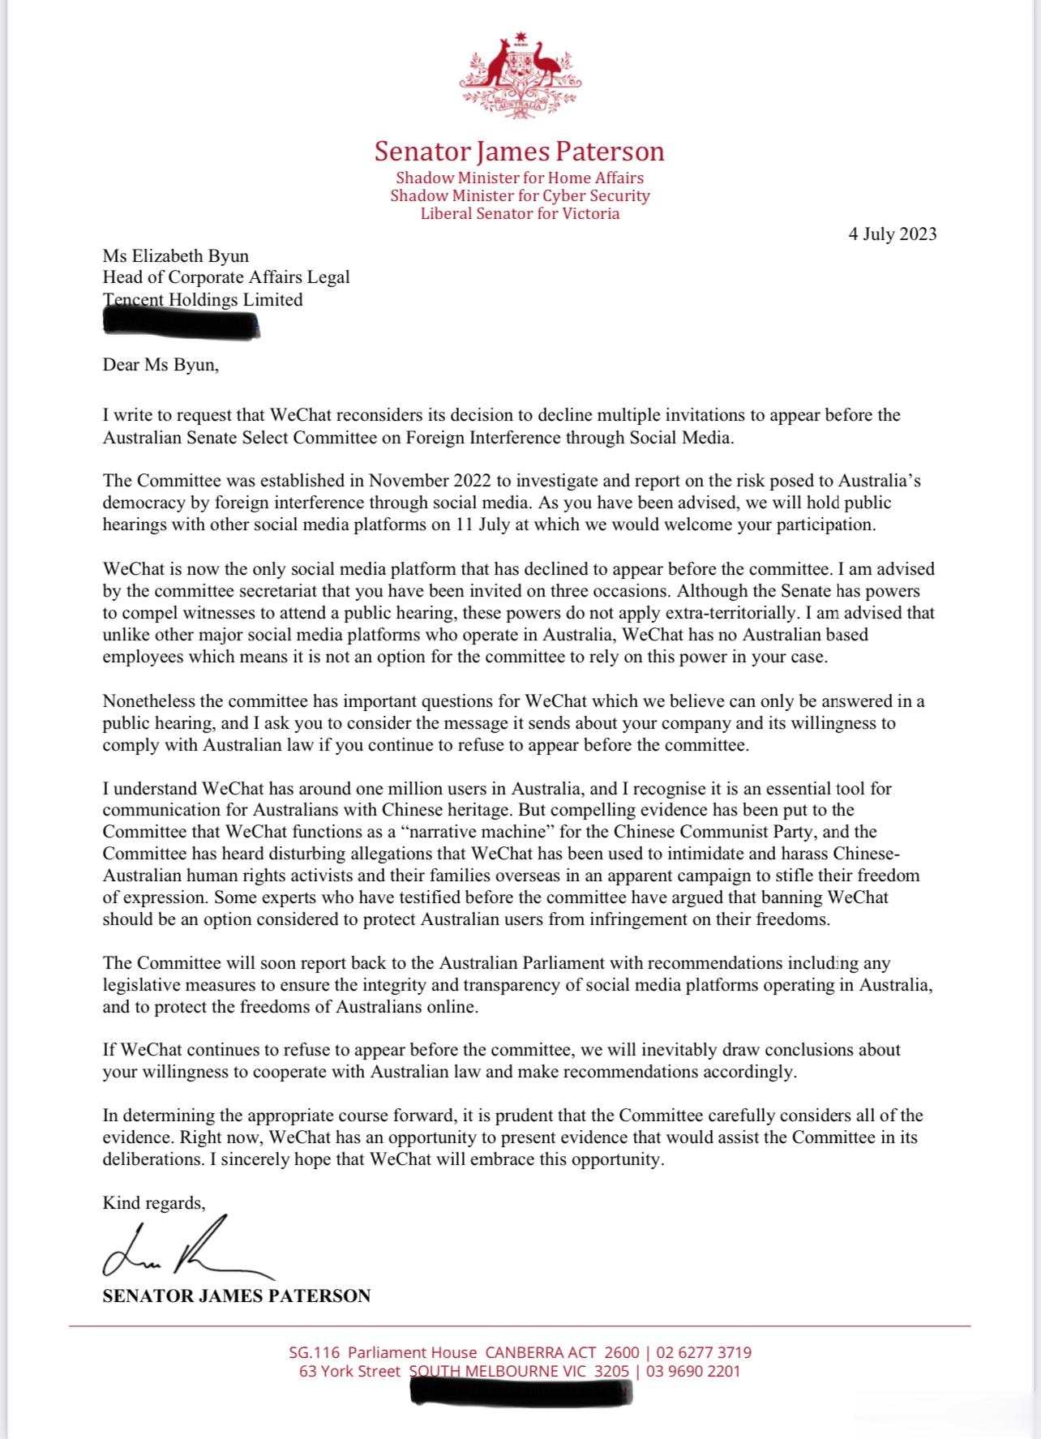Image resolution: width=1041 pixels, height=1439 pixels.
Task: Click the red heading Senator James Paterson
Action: [x=520, y=152]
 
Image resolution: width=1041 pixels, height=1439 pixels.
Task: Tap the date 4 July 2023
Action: [x=893, y=234]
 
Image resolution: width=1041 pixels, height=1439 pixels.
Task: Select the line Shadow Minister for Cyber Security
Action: [x=520, y=195]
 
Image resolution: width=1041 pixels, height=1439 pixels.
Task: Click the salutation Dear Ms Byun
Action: [x=161, y=364]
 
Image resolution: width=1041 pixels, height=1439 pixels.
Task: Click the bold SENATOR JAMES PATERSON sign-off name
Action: [x=236, y=1296]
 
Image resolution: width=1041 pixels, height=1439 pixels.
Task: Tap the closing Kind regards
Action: [x=154, y=1203]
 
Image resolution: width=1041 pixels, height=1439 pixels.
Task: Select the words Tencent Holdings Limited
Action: [x=203, y=300]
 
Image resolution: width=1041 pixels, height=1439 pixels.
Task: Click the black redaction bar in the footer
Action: [x=521, y=1392]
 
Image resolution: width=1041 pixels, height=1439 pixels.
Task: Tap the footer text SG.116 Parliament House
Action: [x=383, y=1352]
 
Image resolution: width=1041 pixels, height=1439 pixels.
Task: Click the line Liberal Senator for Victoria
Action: [x=520, y=214]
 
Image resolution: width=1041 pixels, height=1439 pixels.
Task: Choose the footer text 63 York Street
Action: [x=349, y=1372]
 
